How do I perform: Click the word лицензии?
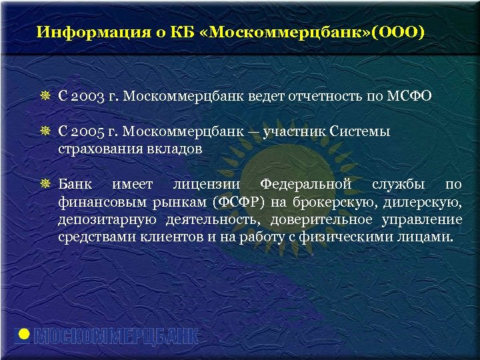click(207, 184)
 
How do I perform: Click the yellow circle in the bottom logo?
click(24, 334)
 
